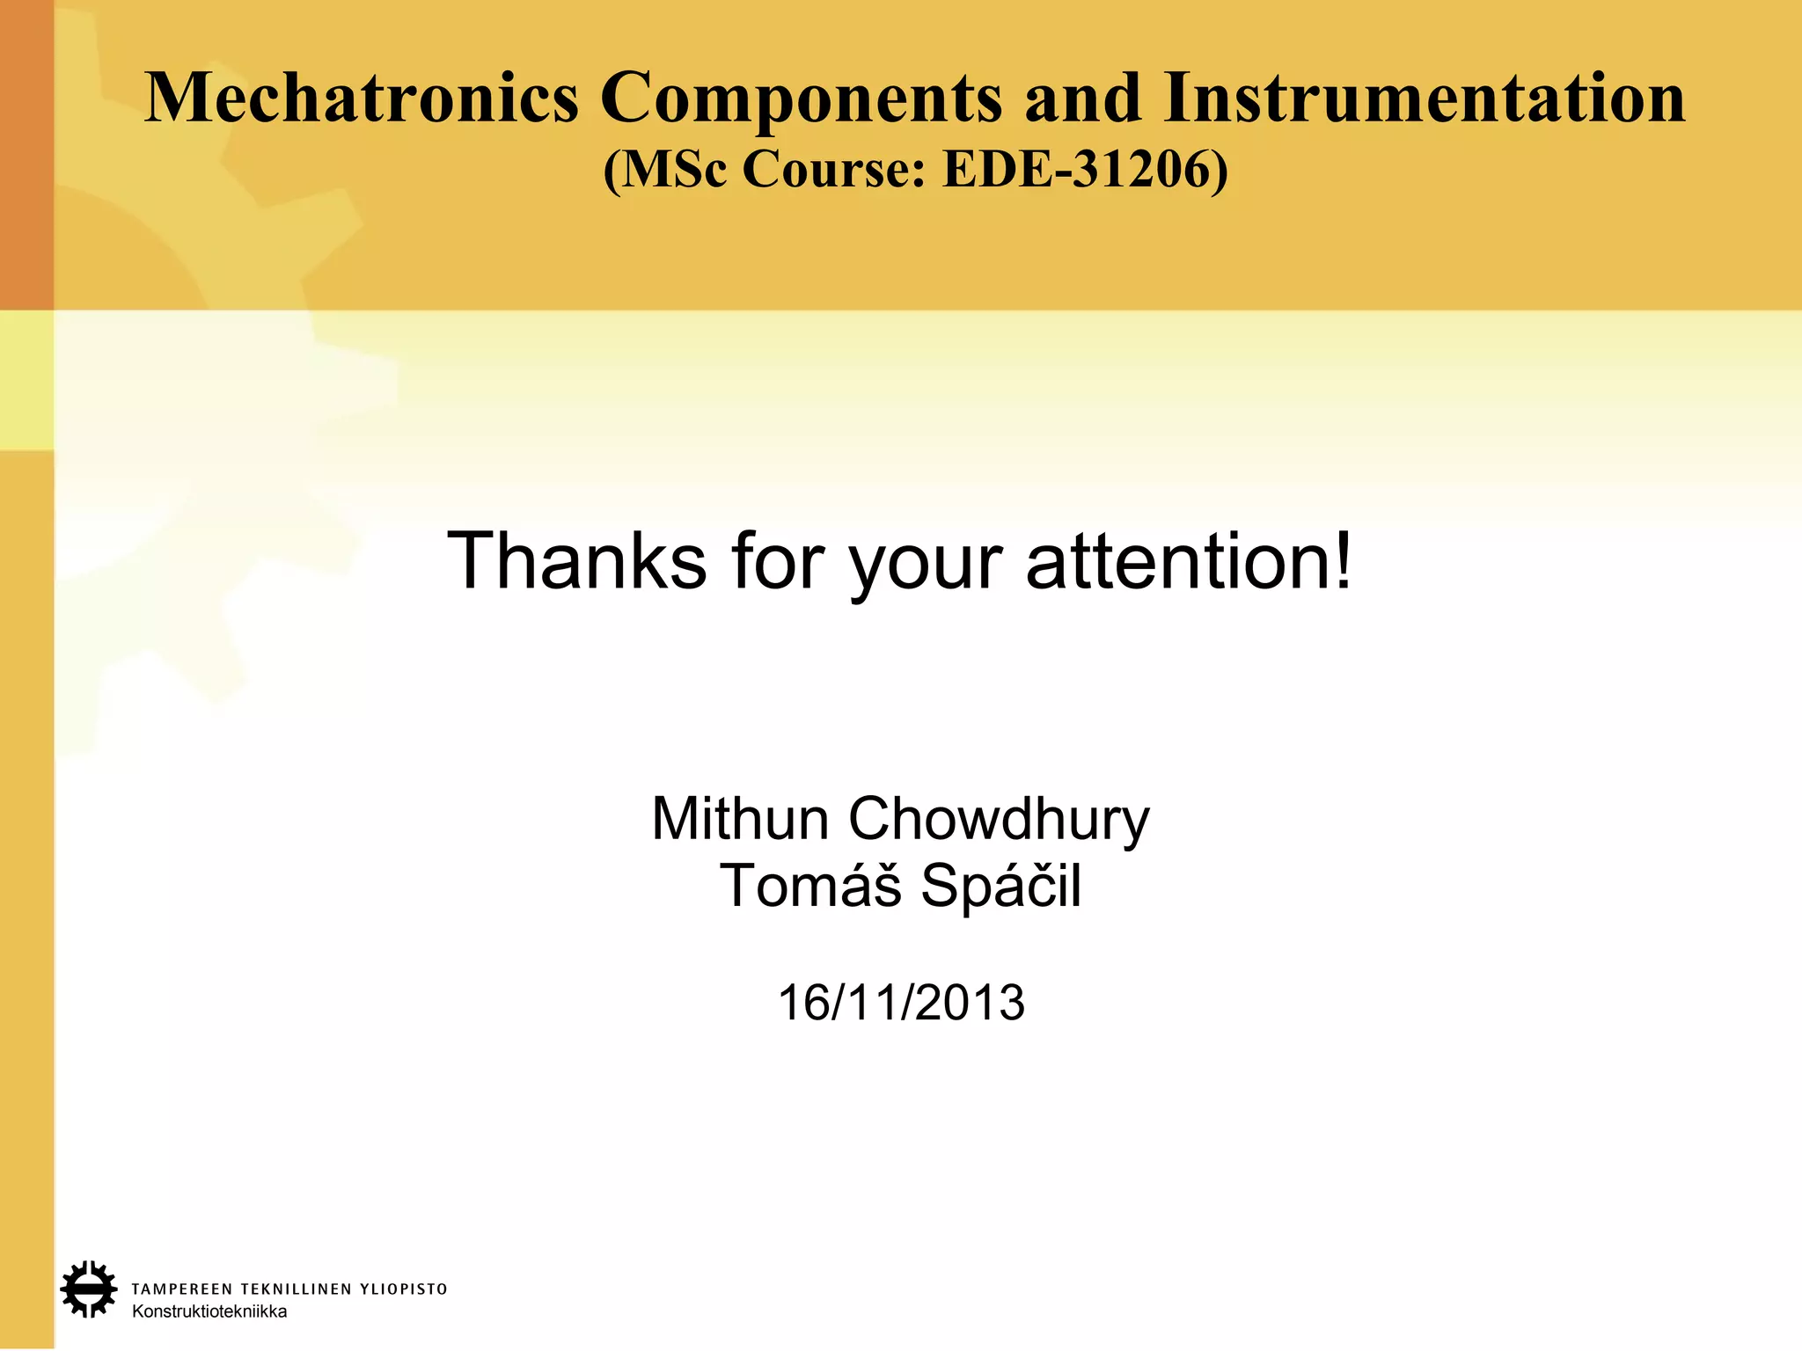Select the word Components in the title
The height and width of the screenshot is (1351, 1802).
(801, 99)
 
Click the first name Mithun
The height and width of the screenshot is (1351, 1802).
(739, 819)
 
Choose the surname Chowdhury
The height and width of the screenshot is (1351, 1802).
(999, 821)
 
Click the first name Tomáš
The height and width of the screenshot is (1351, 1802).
(810, 886)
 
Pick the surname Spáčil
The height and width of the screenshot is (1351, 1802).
(1000, 887)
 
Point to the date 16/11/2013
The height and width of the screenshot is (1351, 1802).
(901, 1003)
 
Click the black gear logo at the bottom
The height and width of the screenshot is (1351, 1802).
(88, 1289)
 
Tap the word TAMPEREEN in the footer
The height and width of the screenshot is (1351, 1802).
(182, 1289)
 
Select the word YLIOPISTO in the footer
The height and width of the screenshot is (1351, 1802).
(404, 1289)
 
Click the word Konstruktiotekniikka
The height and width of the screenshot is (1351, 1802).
(209, 1311)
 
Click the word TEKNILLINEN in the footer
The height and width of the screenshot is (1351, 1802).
(296, 1289)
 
